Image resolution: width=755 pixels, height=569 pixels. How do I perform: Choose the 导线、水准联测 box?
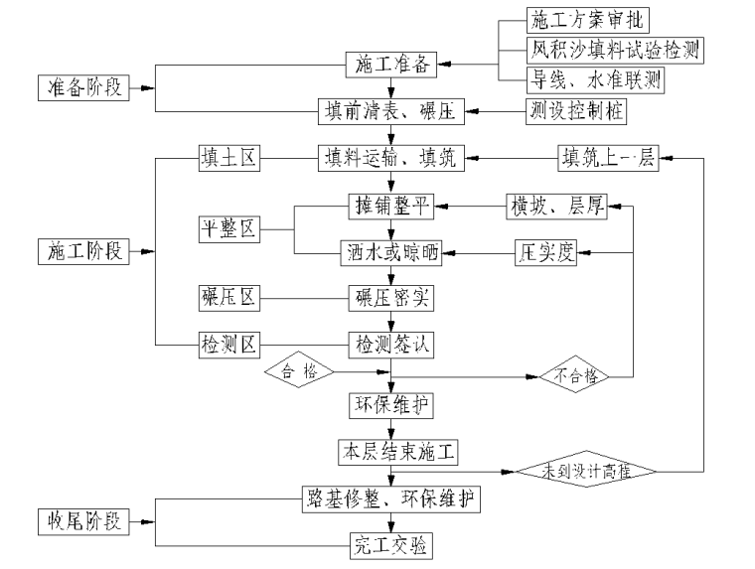594,78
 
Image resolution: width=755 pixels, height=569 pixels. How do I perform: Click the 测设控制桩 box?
575,111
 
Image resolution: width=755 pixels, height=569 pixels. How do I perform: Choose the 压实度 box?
546,252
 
